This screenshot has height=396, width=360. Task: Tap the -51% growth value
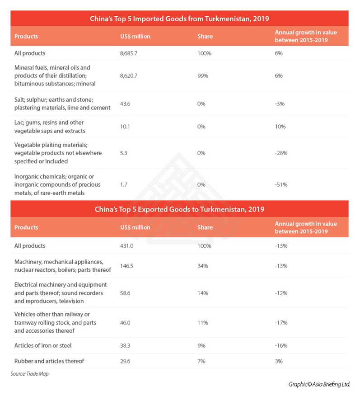coord(281,184)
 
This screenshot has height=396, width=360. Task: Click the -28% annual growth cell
coord(281,153)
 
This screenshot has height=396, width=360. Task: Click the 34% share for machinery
coord(202,266)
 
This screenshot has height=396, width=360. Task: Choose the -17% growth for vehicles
coord(281,323)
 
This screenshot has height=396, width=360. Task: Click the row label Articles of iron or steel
coord(43,346)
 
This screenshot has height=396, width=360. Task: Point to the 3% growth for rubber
coord(279,361)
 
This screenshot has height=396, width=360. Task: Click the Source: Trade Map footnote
coord(29,374)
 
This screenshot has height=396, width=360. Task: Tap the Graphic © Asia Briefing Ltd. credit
coord(319,385)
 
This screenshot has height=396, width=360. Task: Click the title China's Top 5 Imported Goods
coord(179,19)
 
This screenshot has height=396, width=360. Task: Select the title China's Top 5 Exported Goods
coord(179,210)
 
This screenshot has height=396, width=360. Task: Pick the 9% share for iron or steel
coord(201,346)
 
